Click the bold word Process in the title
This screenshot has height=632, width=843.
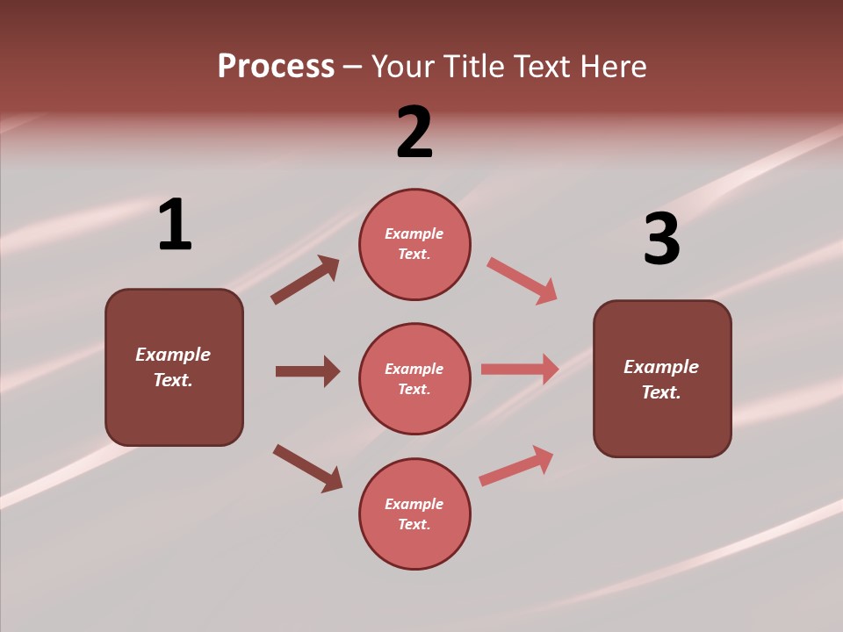276,66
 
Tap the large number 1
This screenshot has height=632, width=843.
175,226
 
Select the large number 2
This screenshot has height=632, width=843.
414,133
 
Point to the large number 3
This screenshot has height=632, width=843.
661,240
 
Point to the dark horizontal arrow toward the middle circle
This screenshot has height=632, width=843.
307,371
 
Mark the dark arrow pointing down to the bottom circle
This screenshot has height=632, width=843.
307,468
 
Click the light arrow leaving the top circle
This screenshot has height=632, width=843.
522,281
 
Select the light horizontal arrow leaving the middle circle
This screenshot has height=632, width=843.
520,369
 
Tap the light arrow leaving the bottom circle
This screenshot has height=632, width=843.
516,465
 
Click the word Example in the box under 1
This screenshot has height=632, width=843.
173,355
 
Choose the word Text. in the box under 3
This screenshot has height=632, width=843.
661,392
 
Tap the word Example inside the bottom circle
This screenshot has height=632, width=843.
414,504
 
